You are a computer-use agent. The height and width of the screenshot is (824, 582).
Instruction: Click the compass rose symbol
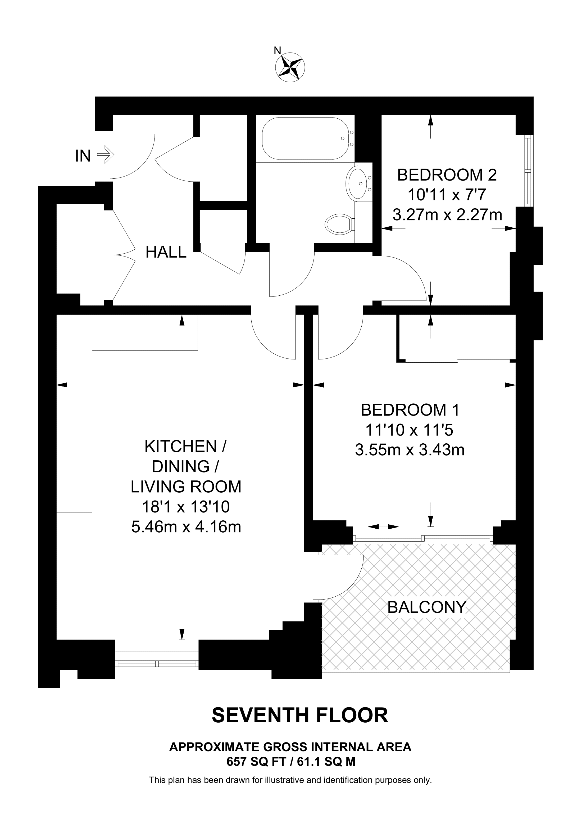click(290, 67)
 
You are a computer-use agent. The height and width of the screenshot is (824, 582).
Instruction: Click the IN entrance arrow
click(106, 155)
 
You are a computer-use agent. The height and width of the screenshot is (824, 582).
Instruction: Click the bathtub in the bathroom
click(306, 138)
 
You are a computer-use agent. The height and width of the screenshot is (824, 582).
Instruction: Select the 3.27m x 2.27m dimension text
click(447, 215)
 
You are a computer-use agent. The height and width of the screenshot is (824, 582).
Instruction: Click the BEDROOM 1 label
click(410, 410)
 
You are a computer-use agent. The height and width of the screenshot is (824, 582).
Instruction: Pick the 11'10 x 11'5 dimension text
click(410, 430)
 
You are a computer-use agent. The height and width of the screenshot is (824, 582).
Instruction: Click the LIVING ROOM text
click(186, 487)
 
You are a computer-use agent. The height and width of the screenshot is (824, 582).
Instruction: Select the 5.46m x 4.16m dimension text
click(186, 527)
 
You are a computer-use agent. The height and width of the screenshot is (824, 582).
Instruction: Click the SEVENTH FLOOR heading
click(300, 715)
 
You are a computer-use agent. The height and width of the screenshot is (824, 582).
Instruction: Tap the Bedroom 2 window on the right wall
click(528, 171)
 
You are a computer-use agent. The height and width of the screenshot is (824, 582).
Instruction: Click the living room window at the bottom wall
click(157, 664)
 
